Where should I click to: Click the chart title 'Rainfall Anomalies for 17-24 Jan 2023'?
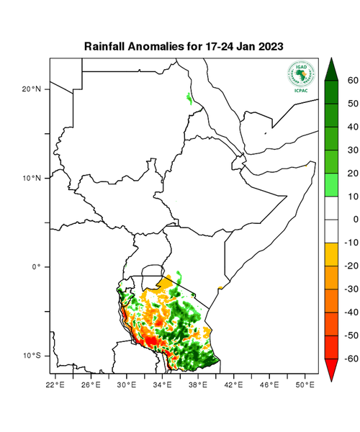pyautogui.click(x=183, y=46)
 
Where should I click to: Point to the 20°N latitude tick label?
pyautogui.click(x=34, y=89)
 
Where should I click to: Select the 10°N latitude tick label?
pyautogui.click(x=34, y=178)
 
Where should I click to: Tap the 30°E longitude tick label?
pyautogui.click(x=127, y=385)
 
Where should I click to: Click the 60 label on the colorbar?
pyautogui.click(x=353, y=81)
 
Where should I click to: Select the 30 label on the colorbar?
pyautogui.click(x=353, y=150)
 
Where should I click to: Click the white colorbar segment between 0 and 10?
pyautogui.click(x=333, y=207)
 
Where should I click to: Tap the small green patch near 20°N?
pyautogui.click(x=189, y=97)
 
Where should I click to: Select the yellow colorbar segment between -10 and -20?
pyautogui.click(x=333, y=254)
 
